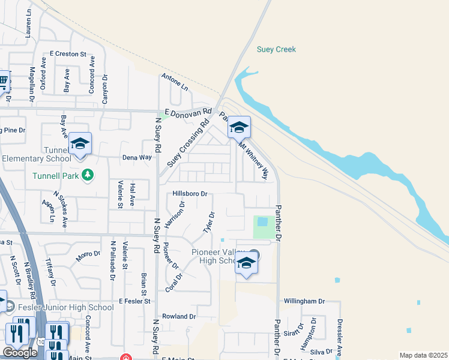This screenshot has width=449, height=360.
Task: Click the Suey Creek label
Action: point(276,49)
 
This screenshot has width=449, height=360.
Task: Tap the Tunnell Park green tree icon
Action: point(88,175)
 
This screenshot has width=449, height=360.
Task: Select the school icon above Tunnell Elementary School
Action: point(80,144)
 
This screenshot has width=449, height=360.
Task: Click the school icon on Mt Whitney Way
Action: point(239,128)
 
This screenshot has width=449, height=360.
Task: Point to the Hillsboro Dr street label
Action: point(190,194)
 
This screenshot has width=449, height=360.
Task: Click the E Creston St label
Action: point(68,54)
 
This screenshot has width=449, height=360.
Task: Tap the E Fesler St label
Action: point(137,301)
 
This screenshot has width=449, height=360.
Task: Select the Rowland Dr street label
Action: point(179,316)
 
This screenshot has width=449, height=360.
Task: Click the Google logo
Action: point(20,353)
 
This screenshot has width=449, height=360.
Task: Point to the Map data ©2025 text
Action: point(423,355)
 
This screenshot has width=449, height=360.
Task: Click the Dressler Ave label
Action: point(339,340)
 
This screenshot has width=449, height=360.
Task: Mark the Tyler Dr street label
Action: point(208,223)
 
